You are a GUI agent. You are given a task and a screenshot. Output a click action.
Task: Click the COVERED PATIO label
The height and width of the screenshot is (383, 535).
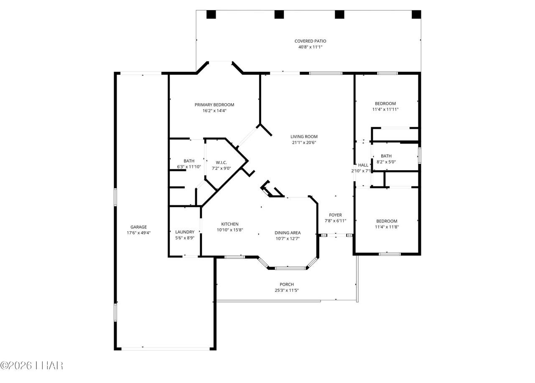coord(310,41)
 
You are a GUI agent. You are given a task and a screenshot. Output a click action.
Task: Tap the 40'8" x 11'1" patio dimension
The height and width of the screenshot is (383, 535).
coord(310,47)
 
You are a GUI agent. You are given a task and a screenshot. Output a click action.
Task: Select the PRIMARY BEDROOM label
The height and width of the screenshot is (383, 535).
coord(214,105)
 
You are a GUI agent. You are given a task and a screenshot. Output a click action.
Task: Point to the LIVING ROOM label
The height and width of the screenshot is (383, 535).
coord(304,137)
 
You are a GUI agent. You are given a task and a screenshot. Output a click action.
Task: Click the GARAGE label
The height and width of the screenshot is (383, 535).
coord(138,227)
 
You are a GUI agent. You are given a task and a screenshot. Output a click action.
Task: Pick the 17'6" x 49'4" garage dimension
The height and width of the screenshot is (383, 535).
coord(138,233)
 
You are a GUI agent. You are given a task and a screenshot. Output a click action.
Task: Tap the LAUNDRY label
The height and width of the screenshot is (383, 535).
coord(185,232)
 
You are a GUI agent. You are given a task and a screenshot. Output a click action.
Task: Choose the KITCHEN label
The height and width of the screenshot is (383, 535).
coord(230,224)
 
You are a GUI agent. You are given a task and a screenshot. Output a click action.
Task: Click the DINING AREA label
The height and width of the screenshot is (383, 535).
coord(288,233)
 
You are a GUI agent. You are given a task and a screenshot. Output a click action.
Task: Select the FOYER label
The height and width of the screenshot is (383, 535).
coord(335,215)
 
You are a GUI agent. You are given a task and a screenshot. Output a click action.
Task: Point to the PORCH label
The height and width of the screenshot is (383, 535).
coord(287,285)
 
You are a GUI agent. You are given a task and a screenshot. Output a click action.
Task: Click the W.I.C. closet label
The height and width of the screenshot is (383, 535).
coord(221,163)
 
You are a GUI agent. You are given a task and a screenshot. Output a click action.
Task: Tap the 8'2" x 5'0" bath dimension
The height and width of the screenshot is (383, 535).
coord(386,162)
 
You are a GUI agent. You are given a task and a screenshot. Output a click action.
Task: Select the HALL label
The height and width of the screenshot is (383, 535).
coord(363,165)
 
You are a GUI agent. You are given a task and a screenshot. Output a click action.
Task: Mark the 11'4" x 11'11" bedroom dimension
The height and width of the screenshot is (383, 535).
coord(385,110)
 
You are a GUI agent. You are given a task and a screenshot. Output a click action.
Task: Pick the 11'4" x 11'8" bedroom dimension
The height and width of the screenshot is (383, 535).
coord(387,227)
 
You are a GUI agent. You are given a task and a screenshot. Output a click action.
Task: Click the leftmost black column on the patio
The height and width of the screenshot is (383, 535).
coord(211,15)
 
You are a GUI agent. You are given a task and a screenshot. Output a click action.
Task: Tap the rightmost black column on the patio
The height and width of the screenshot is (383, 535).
coord(416,15)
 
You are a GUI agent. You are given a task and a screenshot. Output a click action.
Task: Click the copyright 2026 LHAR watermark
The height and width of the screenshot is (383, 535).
coord(32,365)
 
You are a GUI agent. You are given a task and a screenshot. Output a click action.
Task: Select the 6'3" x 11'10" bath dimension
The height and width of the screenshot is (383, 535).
coord(189,167)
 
